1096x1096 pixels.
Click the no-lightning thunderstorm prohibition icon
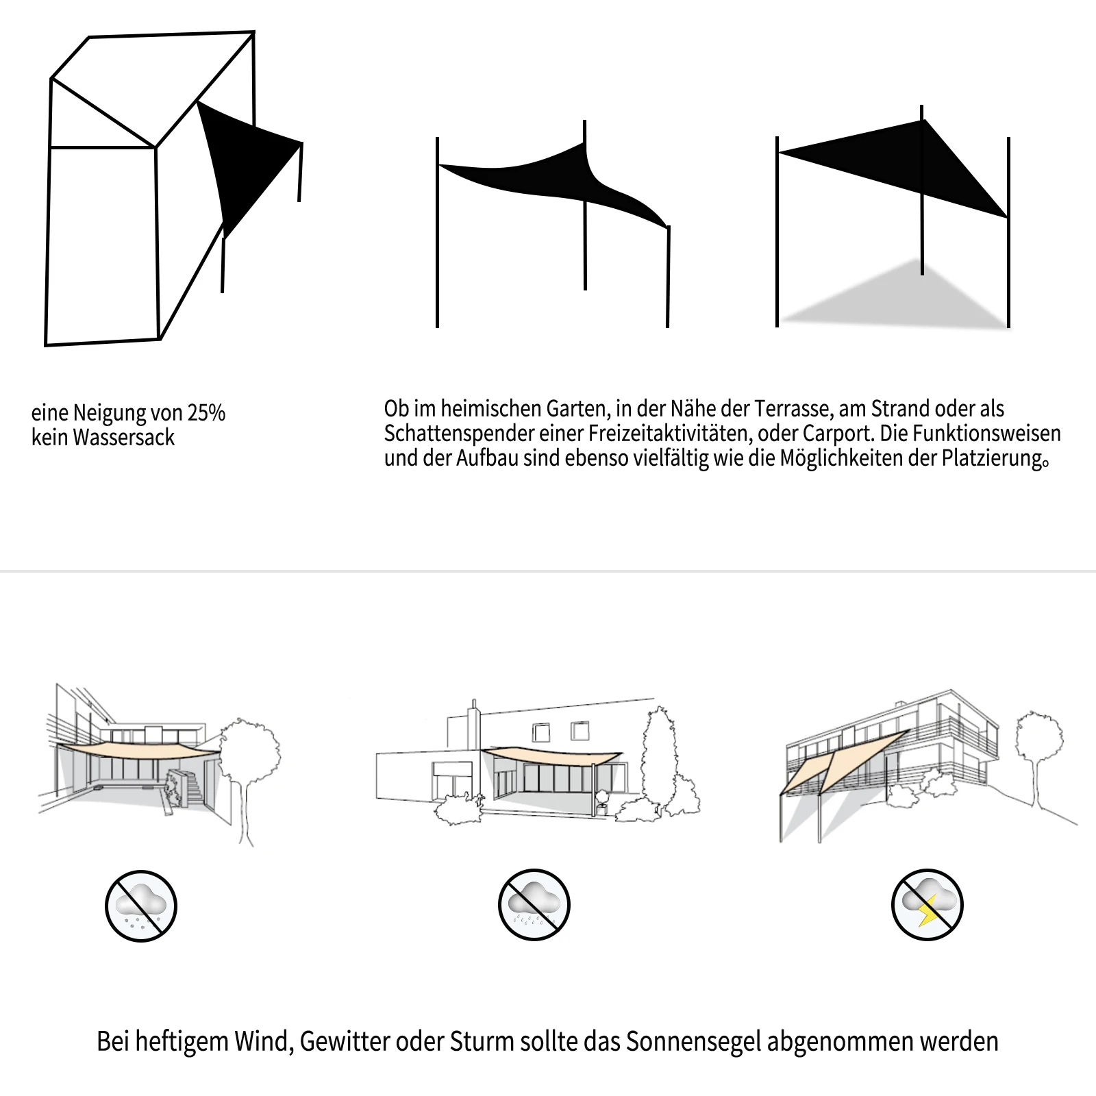(927, 904)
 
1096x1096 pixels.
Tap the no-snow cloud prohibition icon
(141, 906)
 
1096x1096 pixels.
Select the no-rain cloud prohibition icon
(534, 904)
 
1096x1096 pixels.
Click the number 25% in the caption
(206, 413)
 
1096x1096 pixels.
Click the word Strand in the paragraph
(897, 409)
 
